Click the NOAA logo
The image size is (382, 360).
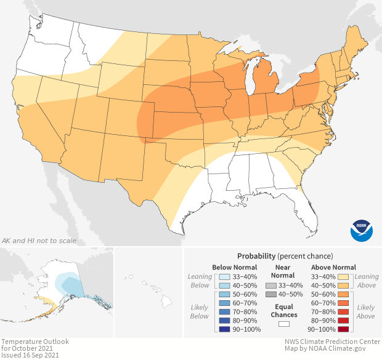tap(361, 229)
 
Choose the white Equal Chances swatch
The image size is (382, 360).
tap(283, 324)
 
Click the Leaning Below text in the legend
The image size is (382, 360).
tap(200, 281)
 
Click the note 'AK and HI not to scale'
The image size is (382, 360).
tap(39, 240)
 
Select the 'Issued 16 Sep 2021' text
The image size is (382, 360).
tap(31, 355)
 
